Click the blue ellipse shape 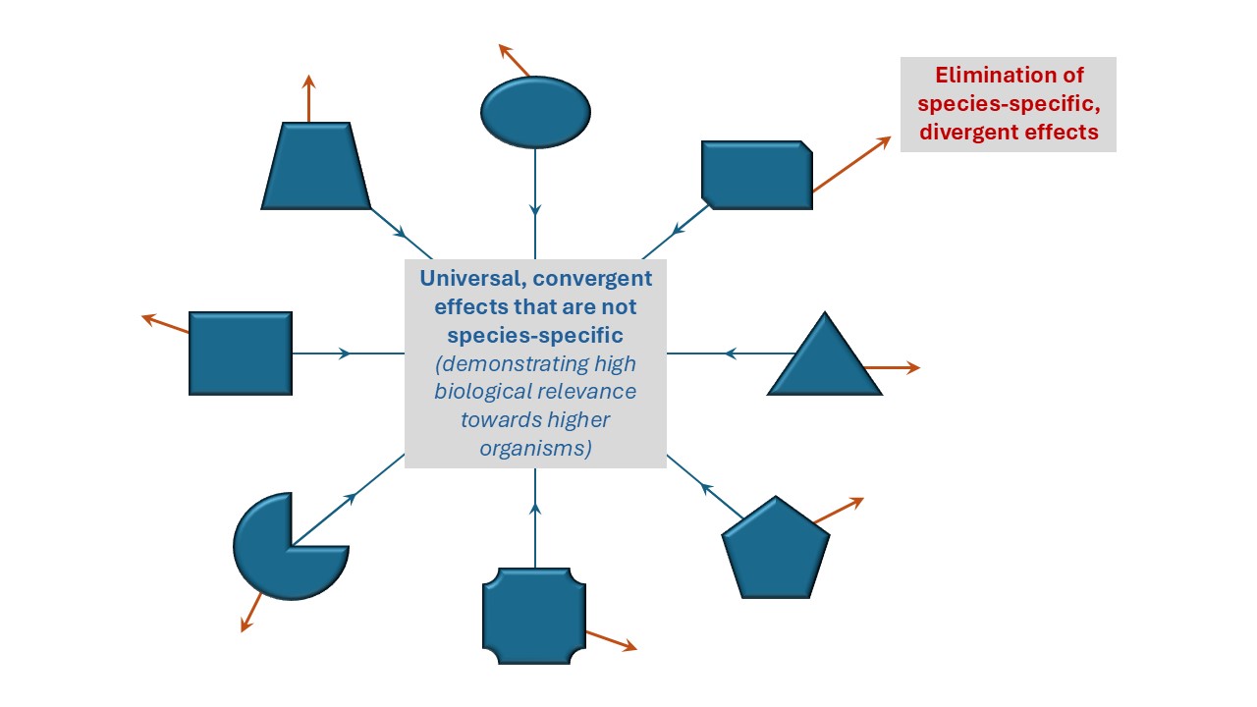535,112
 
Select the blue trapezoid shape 316,167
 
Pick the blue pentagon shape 776,550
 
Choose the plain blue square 241,353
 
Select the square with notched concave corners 534,615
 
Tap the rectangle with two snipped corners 756,175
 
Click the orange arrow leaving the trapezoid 309,98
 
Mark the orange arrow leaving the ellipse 515,60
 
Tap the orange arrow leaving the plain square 165,324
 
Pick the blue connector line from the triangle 727,353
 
